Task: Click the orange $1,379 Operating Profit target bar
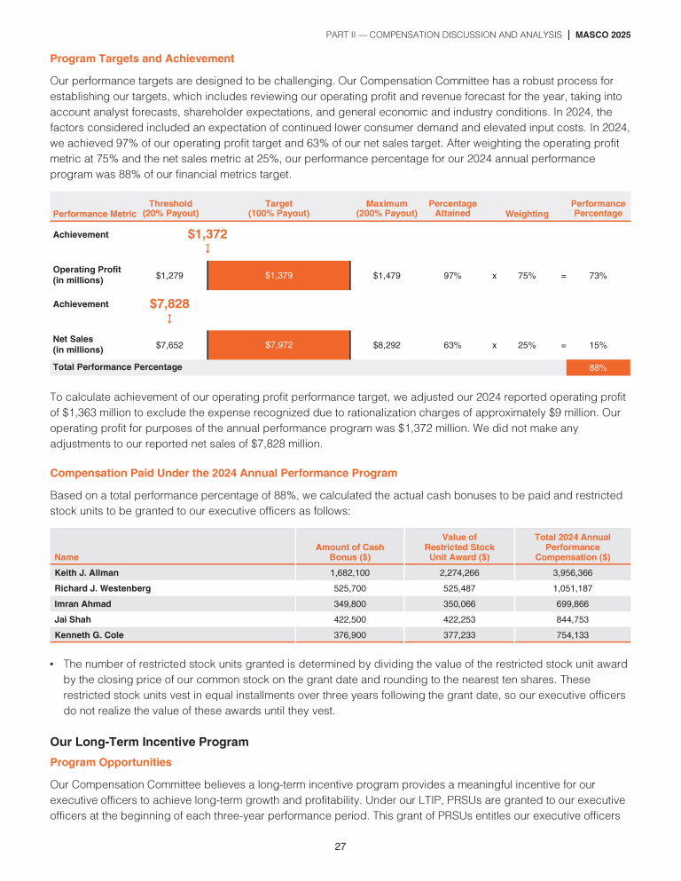(278, 275)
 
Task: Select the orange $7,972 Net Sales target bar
(278, 344)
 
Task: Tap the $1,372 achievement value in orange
(207, 234)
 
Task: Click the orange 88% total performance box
(599, 366)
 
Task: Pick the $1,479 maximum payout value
(387, 275)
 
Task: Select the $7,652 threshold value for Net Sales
(169, 344)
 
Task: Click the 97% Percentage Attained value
(452, 275)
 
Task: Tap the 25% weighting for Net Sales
(527, 344)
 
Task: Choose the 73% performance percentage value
(598, 275)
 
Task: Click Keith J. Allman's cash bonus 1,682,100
(349, 572)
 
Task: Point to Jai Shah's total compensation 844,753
(572, 618)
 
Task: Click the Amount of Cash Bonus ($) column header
(349, 552)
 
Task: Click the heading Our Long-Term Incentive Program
(150, 741)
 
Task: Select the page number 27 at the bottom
(340, 846)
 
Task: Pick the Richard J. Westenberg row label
(102, 588)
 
